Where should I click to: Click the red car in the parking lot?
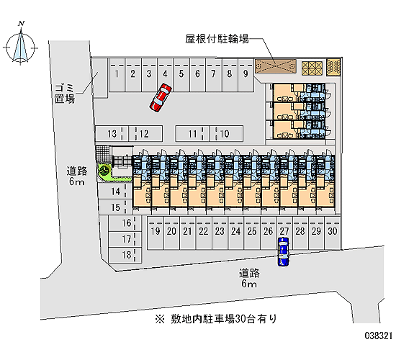(x=161, y=98)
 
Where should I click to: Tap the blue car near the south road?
(x=284, y=251)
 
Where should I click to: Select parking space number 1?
(x=117, y=75)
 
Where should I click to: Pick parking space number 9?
(x=246, y=75)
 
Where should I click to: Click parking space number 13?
(x=112, y=133)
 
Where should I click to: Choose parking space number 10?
(x=226, y=133)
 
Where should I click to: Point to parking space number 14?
(x=115, y=192)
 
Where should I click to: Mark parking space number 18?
(x=125, y=255)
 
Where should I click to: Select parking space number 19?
(x=156, y=233)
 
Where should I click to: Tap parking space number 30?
(x=333, y=233)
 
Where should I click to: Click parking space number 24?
(x=236, y=233)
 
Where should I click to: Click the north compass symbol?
(x=21, y=44)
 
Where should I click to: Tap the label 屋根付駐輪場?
(x=217, y=39)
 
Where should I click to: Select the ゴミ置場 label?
(x=65, y=94)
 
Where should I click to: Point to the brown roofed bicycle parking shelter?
(x=275, y=66)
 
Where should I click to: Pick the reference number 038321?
(x=378, y=336)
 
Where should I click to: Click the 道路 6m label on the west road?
(x=77, y=176)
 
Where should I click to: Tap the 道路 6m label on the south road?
(x=249, y=278)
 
